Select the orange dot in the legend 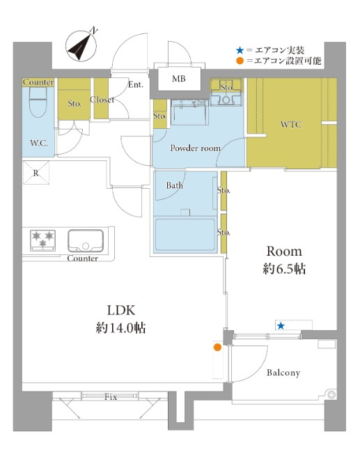point(240,61)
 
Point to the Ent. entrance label point(136,85)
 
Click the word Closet point(102,100)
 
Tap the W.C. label point(38,144)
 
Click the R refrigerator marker point(35,172)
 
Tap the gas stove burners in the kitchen point(43,240)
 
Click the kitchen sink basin point(85,240)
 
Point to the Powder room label point(196,148)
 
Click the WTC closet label point(291,125)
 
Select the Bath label point(175,186)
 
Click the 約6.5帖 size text point(285,268)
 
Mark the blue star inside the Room point(281,325)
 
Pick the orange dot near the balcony point(217,347)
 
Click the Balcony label point(283,373)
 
